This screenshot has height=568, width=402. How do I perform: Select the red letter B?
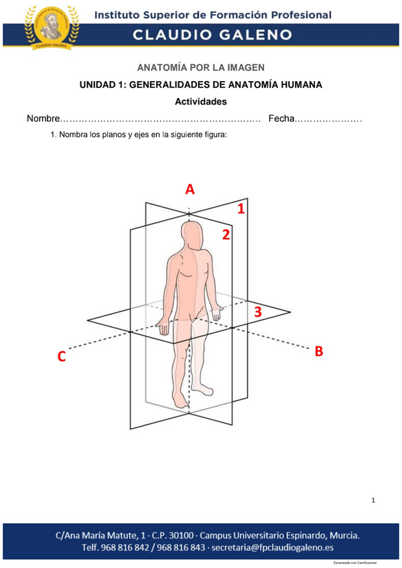tap(319, 351)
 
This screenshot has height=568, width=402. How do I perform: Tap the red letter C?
tap(61, 356)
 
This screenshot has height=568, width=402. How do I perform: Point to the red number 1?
tap(241, 210)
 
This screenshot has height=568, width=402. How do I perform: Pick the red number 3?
tap(257, 311)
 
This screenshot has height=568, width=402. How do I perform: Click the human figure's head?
tap(193, 236)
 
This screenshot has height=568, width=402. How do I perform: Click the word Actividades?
tap(201, 102)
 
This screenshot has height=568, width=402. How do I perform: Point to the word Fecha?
tap(281, 119)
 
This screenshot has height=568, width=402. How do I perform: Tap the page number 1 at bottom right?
tap(374, 500)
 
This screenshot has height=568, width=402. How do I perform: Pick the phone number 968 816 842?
tap(138, 547)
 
